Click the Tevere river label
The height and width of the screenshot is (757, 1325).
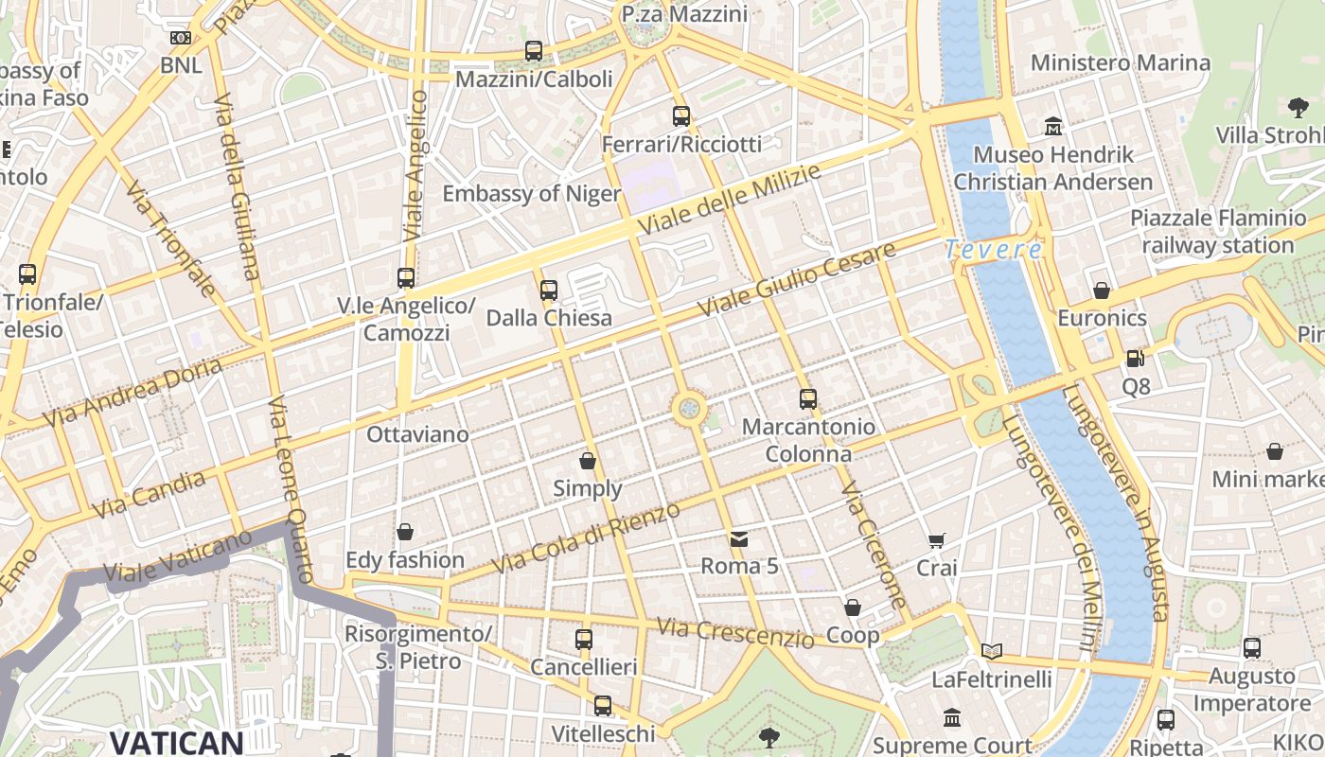pyautogui.click(x=993, y=251)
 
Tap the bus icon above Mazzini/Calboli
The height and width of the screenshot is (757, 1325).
pyautogui.click(x=534, y=51)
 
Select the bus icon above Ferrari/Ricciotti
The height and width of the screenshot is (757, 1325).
pyautogui.click(x=681, y=116)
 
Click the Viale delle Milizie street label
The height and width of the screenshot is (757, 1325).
pyautogui.click(x=729, y=199)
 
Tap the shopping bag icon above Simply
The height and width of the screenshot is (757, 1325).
pyautogui.click(x=588, y=461)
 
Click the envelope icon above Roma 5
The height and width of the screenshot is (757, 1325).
pyautogui.click(x=739, y=539)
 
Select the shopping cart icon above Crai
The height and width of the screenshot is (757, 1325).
pyautogui.click(x=937, y=540)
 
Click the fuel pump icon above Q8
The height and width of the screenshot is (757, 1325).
pyautogui.click(x=1135, y=359)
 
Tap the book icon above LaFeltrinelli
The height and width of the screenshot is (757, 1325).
pyautogui.click(x=991, y=651)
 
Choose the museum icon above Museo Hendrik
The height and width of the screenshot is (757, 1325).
pyautogui.click(x=1052, y=127)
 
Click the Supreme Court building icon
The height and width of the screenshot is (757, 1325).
pyautogui.click(x=952, y=719)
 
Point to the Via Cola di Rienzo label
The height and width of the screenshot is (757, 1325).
pyautogui.click(x=587, y=537)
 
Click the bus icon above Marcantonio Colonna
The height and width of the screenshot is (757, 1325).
pyautogui.click(x=807, y=398)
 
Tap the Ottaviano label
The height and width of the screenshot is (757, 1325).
pyautogui.click(x=417, y=434)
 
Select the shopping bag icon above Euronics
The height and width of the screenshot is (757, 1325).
pyautogui.click(x=1101, y=290)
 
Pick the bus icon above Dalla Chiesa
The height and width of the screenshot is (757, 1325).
pyautogui.click(x=549, y=290)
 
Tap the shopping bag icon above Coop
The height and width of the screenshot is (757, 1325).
pyautogui.click(x=853, y=607)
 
